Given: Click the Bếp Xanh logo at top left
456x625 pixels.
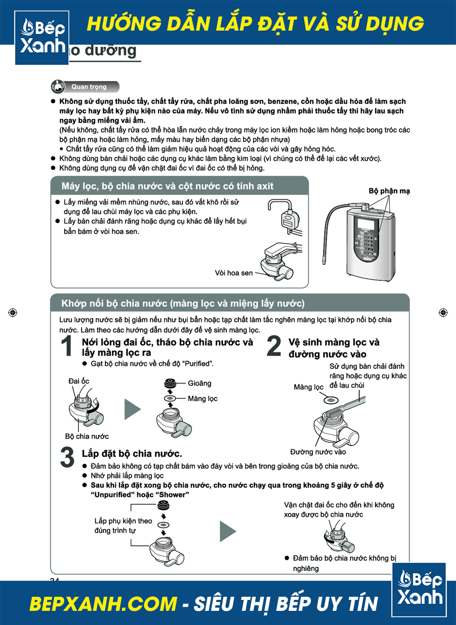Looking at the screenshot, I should coord(42,37).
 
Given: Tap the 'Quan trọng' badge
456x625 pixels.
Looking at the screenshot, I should coord(85,87).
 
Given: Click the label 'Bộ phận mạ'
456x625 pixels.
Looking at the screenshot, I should coord(389,191).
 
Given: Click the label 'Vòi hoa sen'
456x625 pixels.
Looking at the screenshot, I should coord(233,273).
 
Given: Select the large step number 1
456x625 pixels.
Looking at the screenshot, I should coord(67,346).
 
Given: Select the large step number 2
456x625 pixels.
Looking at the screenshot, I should coord(274,346).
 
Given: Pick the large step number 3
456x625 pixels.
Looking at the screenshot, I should coord(67,457).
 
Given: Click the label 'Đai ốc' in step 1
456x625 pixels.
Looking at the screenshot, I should coord(78,381).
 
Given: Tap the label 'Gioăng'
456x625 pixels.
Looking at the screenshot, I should coord(199,383).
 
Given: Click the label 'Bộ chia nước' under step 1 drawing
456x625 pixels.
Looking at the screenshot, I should coord(87,436).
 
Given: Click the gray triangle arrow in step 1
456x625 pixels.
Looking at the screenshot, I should coord(132,409).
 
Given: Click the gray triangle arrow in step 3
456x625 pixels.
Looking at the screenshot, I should coord(228,531).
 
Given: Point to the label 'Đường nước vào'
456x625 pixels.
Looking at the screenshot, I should coord(318,452).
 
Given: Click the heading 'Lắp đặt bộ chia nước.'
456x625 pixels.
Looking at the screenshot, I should coord(132,454).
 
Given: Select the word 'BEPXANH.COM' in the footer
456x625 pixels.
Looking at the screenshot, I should coord(103,604).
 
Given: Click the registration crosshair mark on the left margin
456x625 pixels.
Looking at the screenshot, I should coord(13,313).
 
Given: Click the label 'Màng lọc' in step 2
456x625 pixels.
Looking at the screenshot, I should coord(308,387).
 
